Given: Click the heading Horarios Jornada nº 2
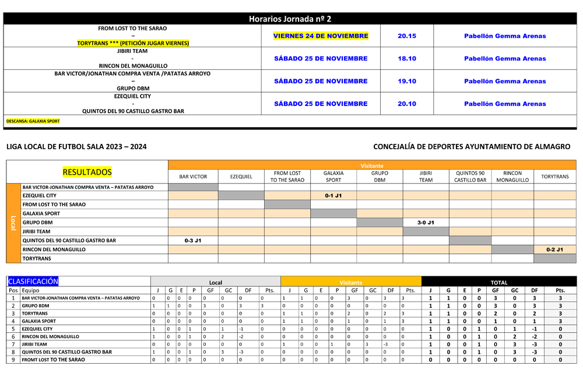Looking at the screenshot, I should (290, 19).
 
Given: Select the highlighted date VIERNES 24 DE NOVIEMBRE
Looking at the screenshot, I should (321, 36).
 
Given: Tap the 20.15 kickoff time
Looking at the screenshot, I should (407, 36).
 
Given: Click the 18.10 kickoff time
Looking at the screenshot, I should (407, 58).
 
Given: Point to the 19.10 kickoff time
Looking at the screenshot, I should (407, 81).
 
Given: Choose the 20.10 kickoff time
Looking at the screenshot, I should (407, 104).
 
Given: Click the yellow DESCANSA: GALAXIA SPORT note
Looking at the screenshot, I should (33, 121).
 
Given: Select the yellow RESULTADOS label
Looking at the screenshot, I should (87, 172).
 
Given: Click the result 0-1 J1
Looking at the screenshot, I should (333, 196).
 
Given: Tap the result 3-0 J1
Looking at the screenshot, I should (426, 223).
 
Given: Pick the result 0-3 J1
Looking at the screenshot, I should (193, 240).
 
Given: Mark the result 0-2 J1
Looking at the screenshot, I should (554, 249).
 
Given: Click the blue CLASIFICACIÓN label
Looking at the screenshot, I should (33, 281).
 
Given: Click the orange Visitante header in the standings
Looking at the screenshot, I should (350, 282).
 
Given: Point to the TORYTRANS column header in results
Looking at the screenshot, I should (554, 176).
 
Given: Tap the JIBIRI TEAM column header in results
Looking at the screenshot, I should (426, 176).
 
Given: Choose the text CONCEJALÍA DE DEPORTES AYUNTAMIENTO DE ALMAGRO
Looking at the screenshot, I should (472, 147).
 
